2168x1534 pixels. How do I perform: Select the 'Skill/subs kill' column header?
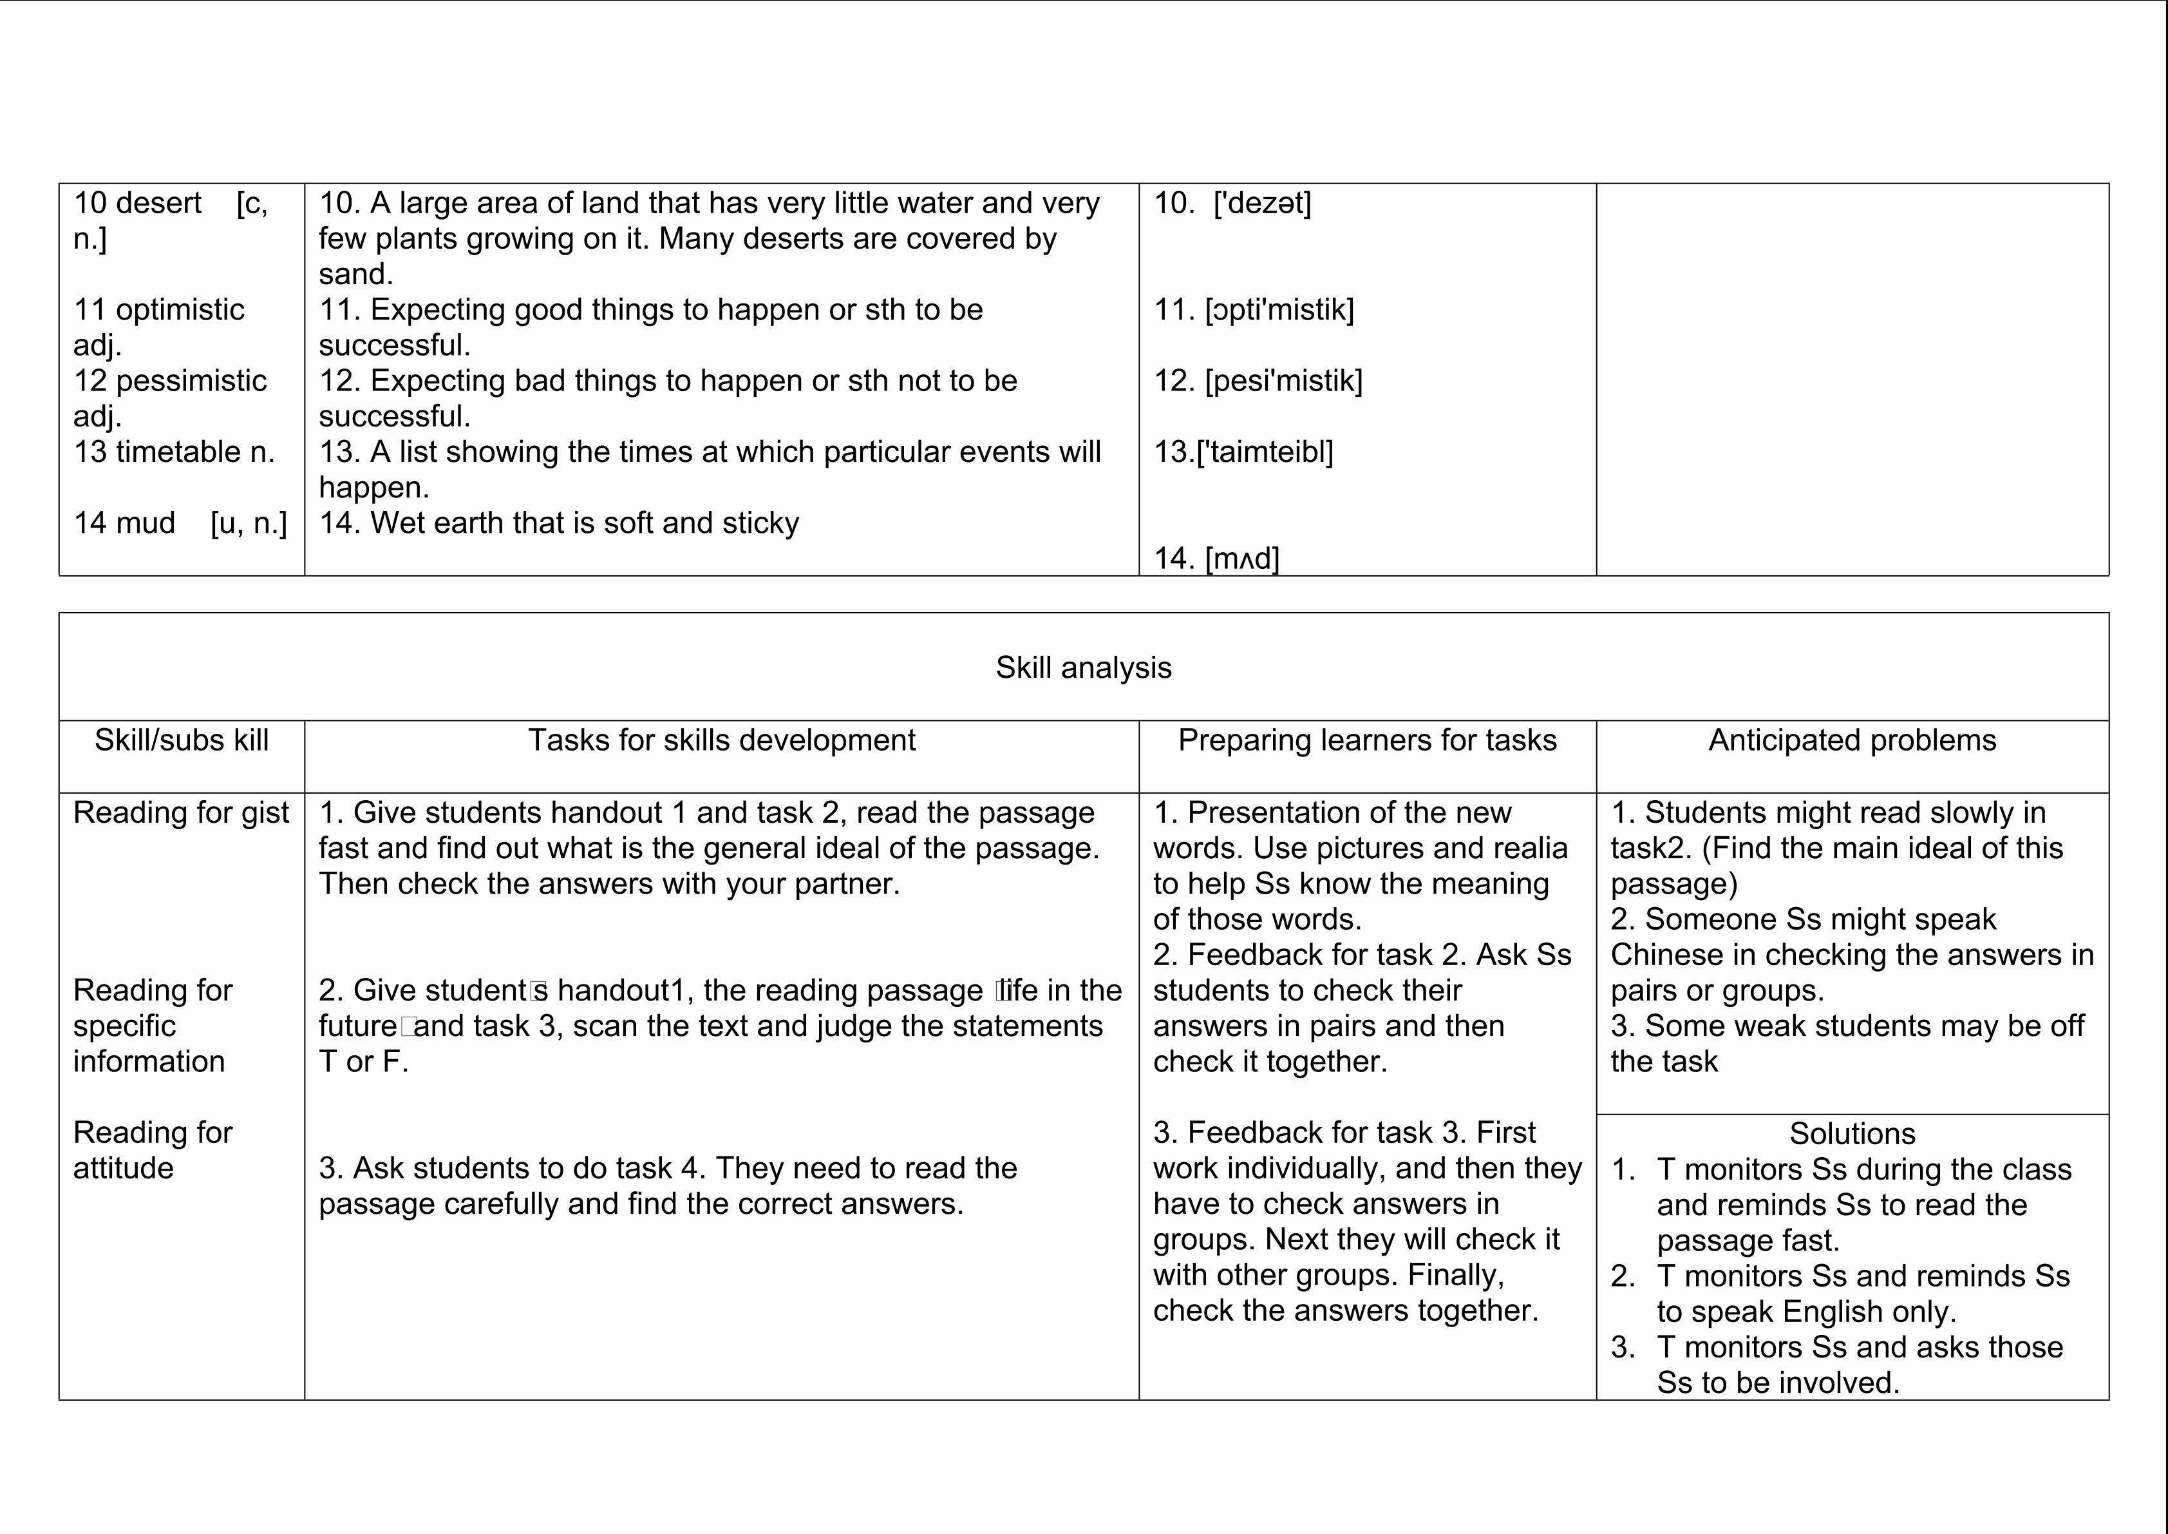point(182,740)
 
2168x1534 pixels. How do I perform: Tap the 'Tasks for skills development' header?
point(721,740)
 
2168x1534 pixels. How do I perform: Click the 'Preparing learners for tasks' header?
point(1367,740)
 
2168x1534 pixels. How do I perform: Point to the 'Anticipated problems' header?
point(1852,740)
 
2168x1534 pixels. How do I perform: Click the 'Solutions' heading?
point(1852,1133)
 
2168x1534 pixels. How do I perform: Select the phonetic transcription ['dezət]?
point(1263,203)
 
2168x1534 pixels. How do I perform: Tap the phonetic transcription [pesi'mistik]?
point(1283,381)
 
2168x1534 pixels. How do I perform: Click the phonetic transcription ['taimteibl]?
point(1265,452)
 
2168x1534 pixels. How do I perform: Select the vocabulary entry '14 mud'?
point(125,523)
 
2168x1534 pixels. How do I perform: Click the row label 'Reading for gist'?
point(182,812)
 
